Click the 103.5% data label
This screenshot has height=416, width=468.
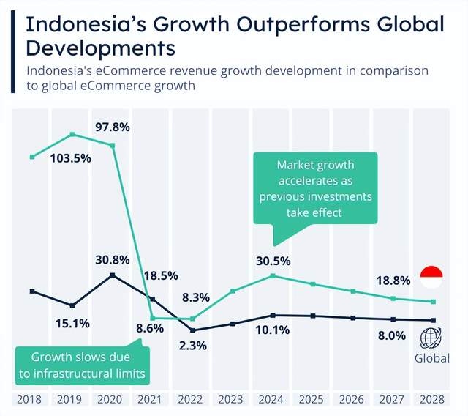[x=71, y=158]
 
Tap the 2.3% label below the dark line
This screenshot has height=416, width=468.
[x=192, y=345]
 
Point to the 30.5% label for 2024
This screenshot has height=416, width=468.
[x=273, y=260]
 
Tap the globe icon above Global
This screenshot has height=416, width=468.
[x=431, y=338]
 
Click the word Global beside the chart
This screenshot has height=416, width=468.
[x=431, y=358]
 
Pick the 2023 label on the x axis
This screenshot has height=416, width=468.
[x=232, y=399]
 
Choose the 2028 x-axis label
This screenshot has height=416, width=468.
[x=433, y=399]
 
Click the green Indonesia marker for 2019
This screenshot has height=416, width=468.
[x=72, y=134]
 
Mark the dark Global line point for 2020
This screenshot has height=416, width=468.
[x=112, y=275]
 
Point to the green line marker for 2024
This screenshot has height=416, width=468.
[x=272, y=275]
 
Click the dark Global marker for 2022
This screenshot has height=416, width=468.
[x=192, y=330]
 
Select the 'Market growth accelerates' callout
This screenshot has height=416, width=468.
[x=315, y=189]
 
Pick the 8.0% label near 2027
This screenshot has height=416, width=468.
[x=392, y=335]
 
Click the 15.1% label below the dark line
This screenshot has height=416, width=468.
[x=72, y=322]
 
